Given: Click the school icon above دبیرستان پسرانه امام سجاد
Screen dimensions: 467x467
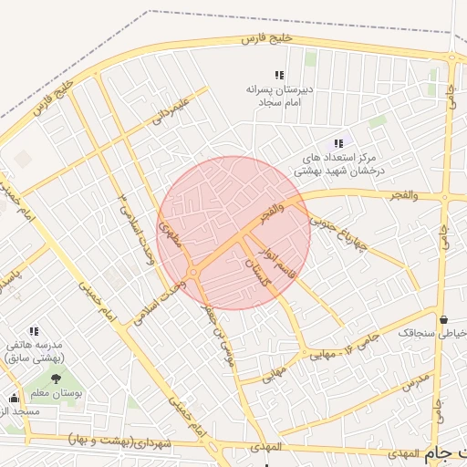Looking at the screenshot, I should click(279, 76).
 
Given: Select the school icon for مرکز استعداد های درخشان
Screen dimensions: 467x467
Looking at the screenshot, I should click(338, 143).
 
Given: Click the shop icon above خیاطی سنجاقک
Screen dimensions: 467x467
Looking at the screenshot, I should click(443, 320).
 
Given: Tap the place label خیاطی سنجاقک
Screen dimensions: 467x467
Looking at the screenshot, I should click(432, 334).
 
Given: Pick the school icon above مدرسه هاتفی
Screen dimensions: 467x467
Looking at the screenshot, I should click(34, 332).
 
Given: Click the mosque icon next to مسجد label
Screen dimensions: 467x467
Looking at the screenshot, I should click(14, 398).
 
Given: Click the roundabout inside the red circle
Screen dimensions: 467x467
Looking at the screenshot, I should click(193, 273).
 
